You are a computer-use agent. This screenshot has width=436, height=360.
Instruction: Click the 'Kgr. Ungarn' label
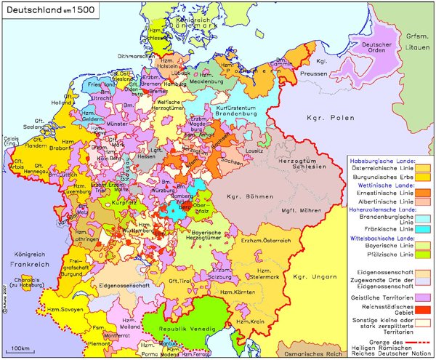click(x=310, y=276)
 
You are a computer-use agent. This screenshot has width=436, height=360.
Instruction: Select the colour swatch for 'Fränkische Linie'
click(x=422, y=229)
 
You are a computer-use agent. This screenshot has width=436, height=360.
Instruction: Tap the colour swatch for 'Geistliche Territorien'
click(x=422, y=297)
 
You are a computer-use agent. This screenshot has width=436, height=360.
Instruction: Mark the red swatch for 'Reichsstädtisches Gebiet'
click(x=422, y=310)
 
